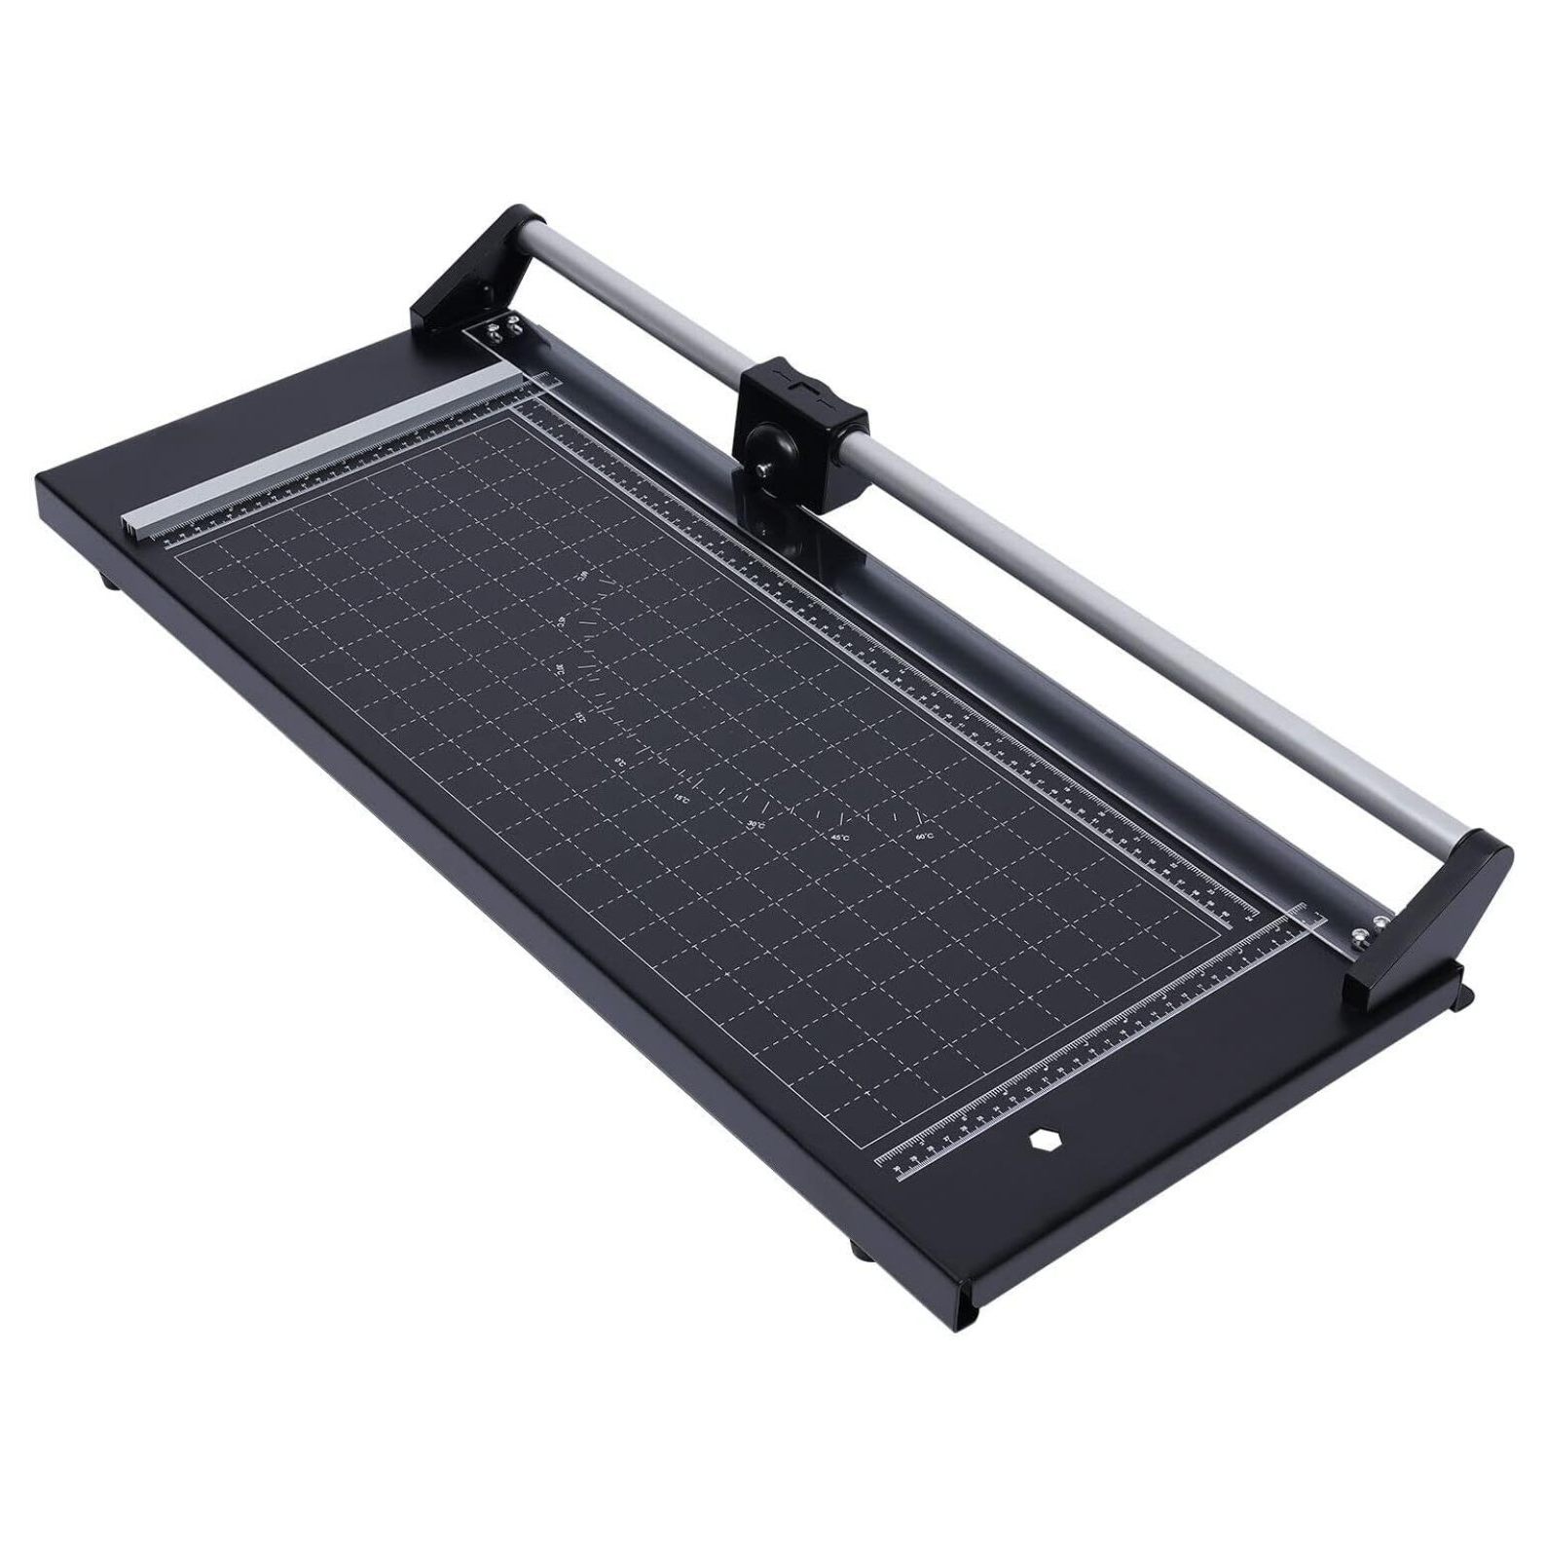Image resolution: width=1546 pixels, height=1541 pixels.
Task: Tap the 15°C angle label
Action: [681, 799]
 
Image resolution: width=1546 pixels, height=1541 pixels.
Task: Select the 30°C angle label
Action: [756, 825]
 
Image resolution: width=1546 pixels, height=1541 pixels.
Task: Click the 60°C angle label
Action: [923, 836]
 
